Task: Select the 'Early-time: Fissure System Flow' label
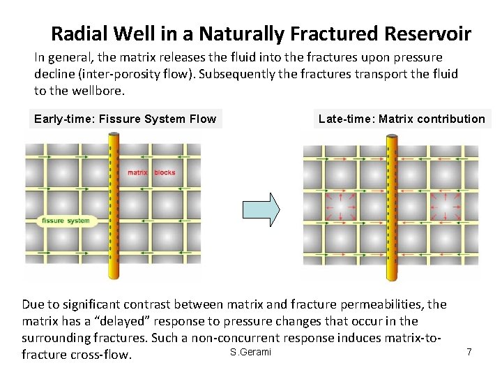click(x=125, y=119)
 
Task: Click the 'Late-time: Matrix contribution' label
click(x=402, y=119)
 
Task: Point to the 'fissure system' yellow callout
click(x=66, y=221)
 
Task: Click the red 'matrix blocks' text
click(x=151, y=172)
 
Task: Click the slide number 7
click(x=469, y=352)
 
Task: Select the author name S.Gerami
click(x=250, y=352)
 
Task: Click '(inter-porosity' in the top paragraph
click(x=112, y=74)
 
